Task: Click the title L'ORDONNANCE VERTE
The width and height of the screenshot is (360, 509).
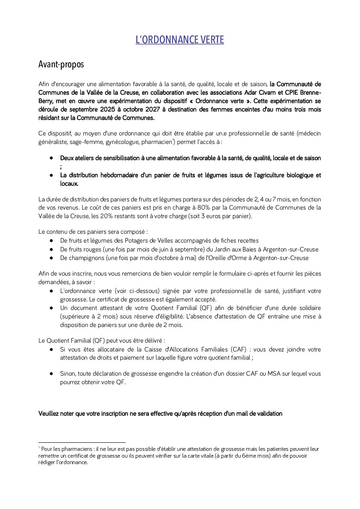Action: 179,40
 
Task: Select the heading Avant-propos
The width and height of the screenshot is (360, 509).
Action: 61,64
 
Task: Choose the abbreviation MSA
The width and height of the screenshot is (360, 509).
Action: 274,374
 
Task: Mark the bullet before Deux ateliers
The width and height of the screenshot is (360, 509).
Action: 51,158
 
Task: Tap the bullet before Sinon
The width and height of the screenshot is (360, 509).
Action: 51,374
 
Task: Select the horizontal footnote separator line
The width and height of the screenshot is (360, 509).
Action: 82,442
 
